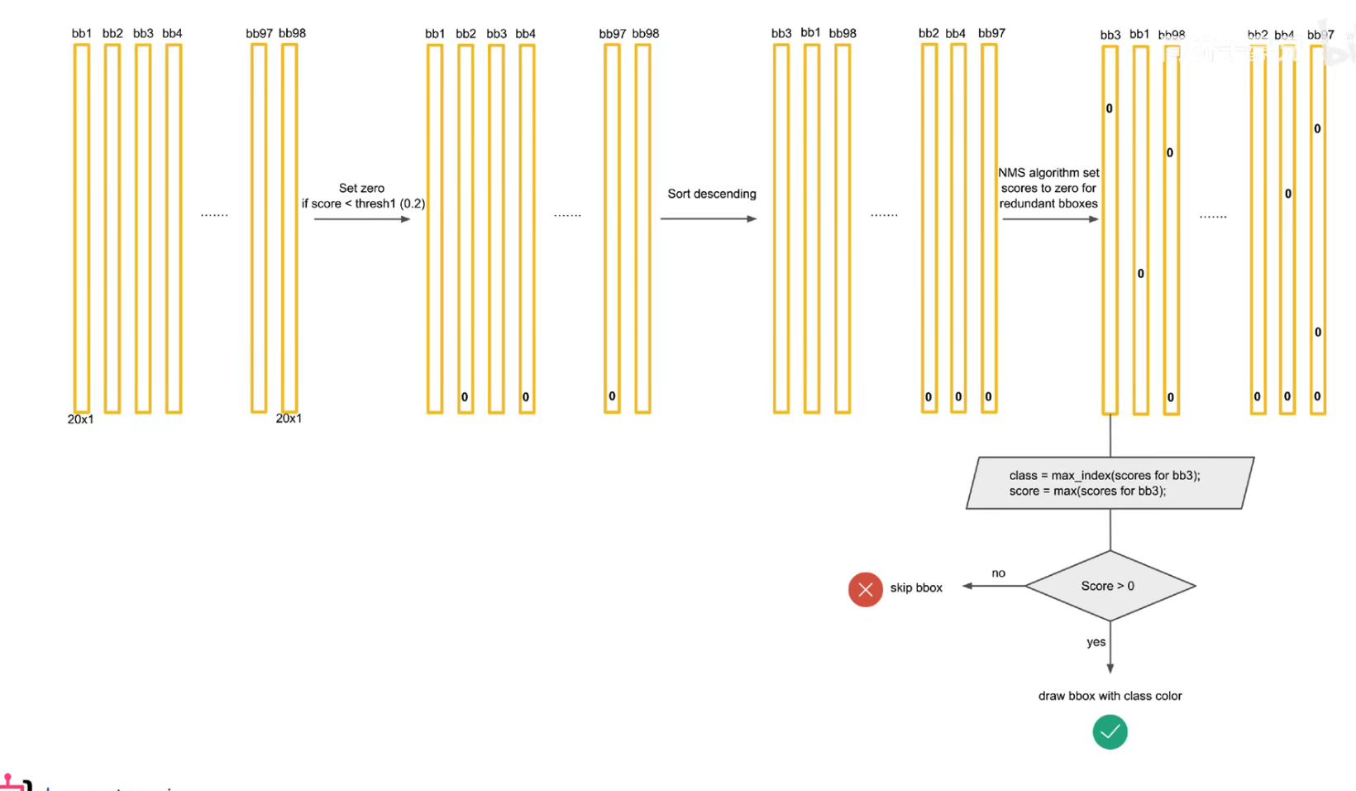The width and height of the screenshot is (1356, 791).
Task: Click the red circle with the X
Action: tap(865, 589)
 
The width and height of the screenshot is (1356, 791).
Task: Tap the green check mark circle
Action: tap(1110, 732)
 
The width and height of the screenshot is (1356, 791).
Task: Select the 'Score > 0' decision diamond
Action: tap(1110, 586)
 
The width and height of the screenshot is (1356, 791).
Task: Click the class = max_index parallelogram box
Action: tap(1110, 483)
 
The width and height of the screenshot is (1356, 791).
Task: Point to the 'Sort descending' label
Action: tap(712, 194)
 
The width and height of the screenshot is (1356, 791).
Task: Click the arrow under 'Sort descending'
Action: tap(709, 219)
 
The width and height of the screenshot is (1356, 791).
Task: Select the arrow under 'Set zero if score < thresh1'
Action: tap(362, 219)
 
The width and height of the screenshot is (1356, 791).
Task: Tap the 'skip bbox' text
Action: tap(916, 587)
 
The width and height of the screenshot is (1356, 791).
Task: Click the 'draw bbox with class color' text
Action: tap(1110, 696)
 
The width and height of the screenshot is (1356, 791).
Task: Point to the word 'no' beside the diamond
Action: tap(999, 573)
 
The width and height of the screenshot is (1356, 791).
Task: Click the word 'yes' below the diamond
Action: tap(1096, 642)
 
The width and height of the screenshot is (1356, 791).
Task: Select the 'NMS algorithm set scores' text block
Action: tap(1048, 188)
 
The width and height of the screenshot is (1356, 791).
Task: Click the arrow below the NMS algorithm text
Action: tap(1050, 219)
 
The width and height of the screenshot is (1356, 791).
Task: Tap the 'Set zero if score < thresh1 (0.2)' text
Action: tap(363, 196)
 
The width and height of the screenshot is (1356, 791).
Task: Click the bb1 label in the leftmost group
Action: tap(81, 33)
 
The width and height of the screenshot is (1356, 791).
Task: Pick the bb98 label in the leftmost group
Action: tap(292, 33)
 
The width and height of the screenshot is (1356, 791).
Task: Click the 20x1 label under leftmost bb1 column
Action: tap(80, 419)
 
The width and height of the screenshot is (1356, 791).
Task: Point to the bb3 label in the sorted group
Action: tap(781, 33)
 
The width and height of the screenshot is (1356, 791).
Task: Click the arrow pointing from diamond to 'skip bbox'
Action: tap(994, 586)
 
